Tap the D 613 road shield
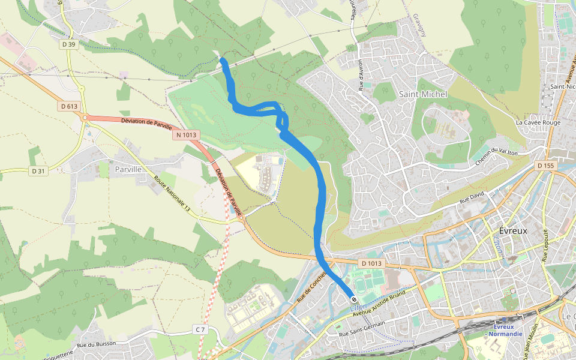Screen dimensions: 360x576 (x=70, y=106)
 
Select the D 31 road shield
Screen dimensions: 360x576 (x=37, y=172)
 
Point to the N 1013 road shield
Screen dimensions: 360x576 (x=186, y=136)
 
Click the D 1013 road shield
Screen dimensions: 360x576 (x=371, y=263)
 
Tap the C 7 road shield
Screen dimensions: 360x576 (x=200, y=329)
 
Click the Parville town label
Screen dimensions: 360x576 (x=128, y=169)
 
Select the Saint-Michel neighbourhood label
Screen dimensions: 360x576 (x=423, y=95)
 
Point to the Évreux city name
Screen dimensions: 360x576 (x=513, y=231)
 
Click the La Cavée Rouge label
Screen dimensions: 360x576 (x=538, y=122)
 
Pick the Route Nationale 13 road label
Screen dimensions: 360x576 (x=172, y=194)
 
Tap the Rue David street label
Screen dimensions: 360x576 (x=472, y=196)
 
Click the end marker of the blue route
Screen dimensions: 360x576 (x=355, y=299)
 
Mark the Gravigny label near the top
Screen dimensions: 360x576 (x=419, y=25)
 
